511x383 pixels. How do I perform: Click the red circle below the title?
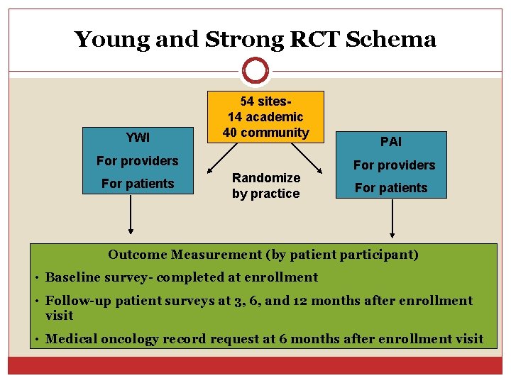pyautogui.click(x=255, y=71)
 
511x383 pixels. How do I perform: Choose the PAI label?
pyautogui.click(x=390, y=142)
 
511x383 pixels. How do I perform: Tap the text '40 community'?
pyautogui.click(x=265, y=133)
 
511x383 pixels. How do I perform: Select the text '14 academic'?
pyautogui.click(x=265, y=116)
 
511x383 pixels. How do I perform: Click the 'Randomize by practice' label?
pyautogui.click(x=265, y=185)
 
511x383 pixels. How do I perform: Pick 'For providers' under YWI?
pyautogui.click(x=138, y=161)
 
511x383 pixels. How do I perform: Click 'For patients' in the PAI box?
pyautogui.click(x=391, y=188)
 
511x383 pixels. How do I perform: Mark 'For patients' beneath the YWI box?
pyautogui.click(x=138, y=184)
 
